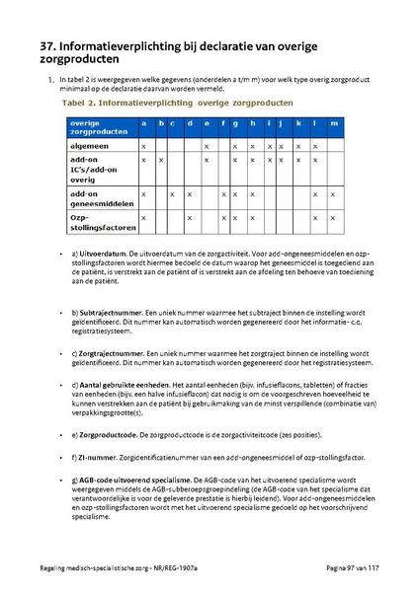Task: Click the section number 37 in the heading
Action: tap(50, 45)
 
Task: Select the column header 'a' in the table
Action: tap(144, 123)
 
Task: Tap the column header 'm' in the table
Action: tap(333, 123)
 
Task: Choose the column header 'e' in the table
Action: tap(206, 123)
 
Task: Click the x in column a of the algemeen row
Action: tap(144, 145)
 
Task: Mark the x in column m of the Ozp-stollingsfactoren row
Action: tap(333, 216)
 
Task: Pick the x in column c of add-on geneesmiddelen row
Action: tap(175, 193)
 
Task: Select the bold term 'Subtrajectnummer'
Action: tap(109, 312)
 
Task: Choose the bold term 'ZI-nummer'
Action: tap(97, 457)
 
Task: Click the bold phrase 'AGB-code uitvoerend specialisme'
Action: tap(135, 480)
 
